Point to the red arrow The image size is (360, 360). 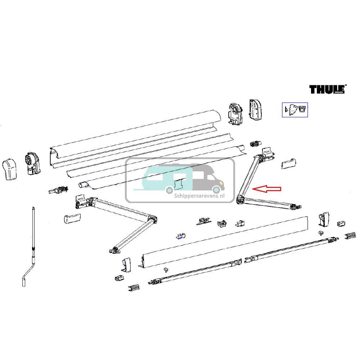[267, 189]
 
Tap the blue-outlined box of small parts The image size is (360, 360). [294, 109]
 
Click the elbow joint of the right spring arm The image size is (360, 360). [240, 199]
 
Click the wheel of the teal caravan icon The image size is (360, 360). [168, 190]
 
